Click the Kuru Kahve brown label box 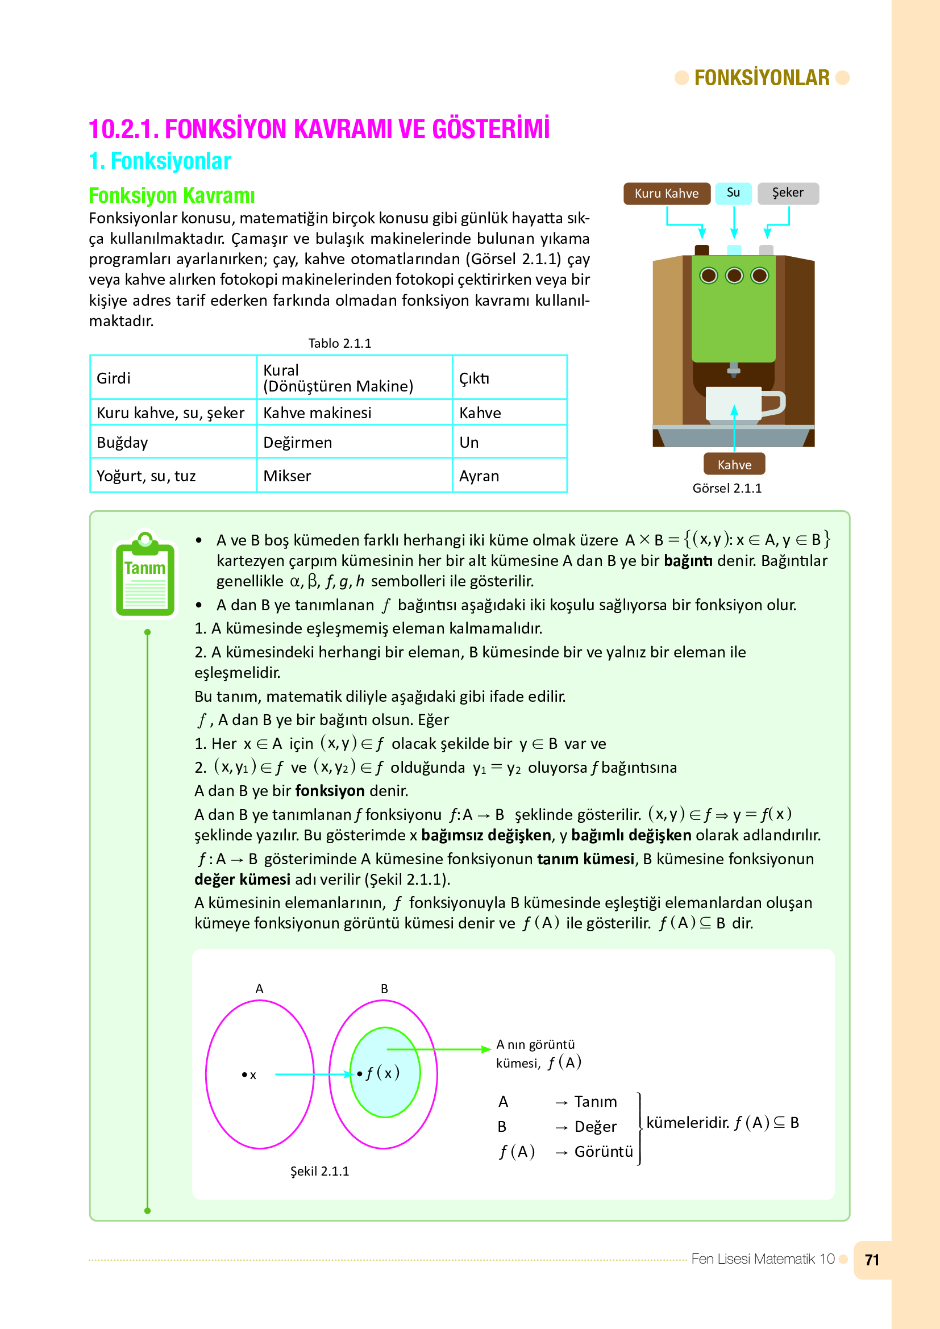click(666, 193)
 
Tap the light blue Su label click(733, 193)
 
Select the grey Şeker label click(787, 193)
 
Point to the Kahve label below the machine click(734, 464)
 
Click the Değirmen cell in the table click(297, 442)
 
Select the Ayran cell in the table click(479, 476)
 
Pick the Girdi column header click(114, 378)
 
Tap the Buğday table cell click(122, 442)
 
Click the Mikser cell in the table click(287, 476)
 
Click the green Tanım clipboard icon click(145, 576)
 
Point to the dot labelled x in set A click(245, 1075)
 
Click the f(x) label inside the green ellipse click(382, 1073)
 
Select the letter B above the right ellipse click(384, 989)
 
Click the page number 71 click(872, 1260)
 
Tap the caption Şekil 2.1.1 click(319, 1171)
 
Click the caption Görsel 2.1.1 click(727, 488)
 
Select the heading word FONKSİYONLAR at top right click(762, 78)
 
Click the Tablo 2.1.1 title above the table click(340, 343)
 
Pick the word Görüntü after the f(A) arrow click(603, 1151)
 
